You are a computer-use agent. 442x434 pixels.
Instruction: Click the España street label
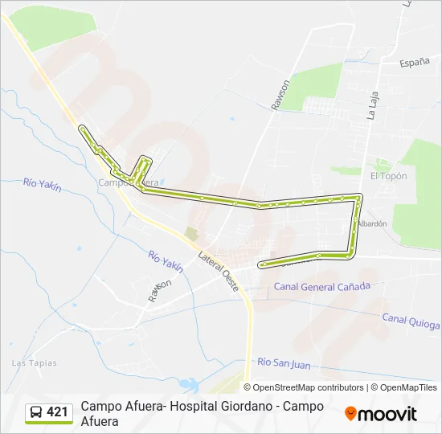[415, 61]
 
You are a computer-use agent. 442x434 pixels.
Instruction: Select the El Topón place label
[388, 176]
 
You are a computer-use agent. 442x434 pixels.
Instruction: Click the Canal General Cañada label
[322, 286]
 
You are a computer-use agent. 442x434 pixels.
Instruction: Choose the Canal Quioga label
[411, 321]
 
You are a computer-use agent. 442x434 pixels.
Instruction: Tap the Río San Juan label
[284, 363]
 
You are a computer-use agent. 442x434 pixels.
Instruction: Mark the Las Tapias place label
[35, 362]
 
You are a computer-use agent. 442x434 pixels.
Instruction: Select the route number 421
[57, 412]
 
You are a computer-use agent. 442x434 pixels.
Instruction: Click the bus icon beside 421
[36, 413]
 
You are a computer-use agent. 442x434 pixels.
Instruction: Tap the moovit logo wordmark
[387, 414]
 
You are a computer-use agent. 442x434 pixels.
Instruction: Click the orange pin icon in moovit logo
[350, 414]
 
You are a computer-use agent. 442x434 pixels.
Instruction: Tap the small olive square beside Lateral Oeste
[190, 233]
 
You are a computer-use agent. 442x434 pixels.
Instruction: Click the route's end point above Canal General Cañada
[261, 264]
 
